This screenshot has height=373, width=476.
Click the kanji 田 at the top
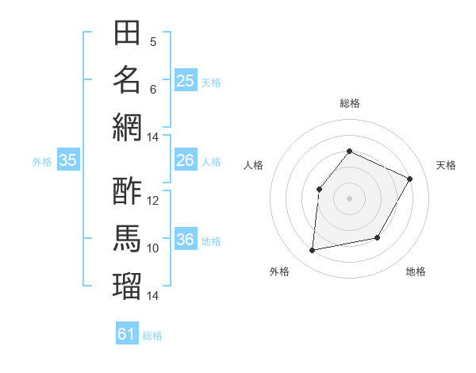127,33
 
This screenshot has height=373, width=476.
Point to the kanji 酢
127,190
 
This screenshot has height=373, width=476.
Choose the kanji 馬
127,237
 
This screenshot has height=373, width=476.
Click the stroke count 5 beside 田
153,42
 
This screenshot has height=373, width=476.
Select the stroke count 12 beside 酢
153,201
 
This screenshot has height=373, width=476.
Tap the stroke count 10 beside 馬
153,248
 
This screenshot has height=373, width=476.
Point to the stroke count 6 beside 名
153,89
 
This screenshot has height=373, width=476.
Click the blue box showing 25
185,80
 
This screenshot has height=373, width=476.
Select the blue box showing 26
185,160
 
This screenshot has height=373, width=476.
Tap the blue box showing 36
185,240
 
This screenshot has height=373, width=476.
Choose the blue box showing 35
67,160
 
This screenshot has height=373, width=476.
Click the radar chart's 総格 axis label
349,103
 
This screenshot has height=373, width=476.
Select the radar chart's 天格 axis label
446,165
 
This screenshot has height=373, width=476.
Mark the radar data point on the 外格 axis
313,251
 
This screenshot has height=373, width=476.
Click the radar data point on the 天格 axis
410,179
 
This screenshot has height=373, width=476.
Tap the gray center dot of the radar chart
349,198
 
